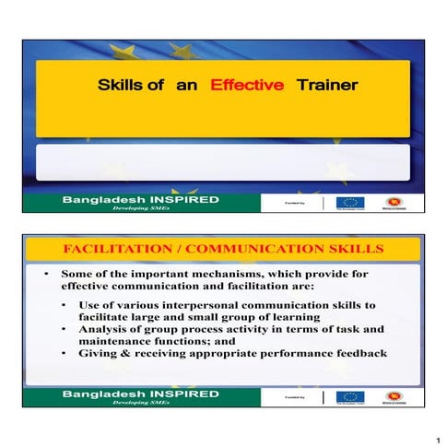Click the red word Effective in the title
246,86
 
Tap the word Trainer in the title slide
326,86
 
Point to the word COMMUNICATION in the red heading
243,250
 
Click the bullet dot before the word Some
45,275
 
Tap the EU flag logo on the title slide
349,203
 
